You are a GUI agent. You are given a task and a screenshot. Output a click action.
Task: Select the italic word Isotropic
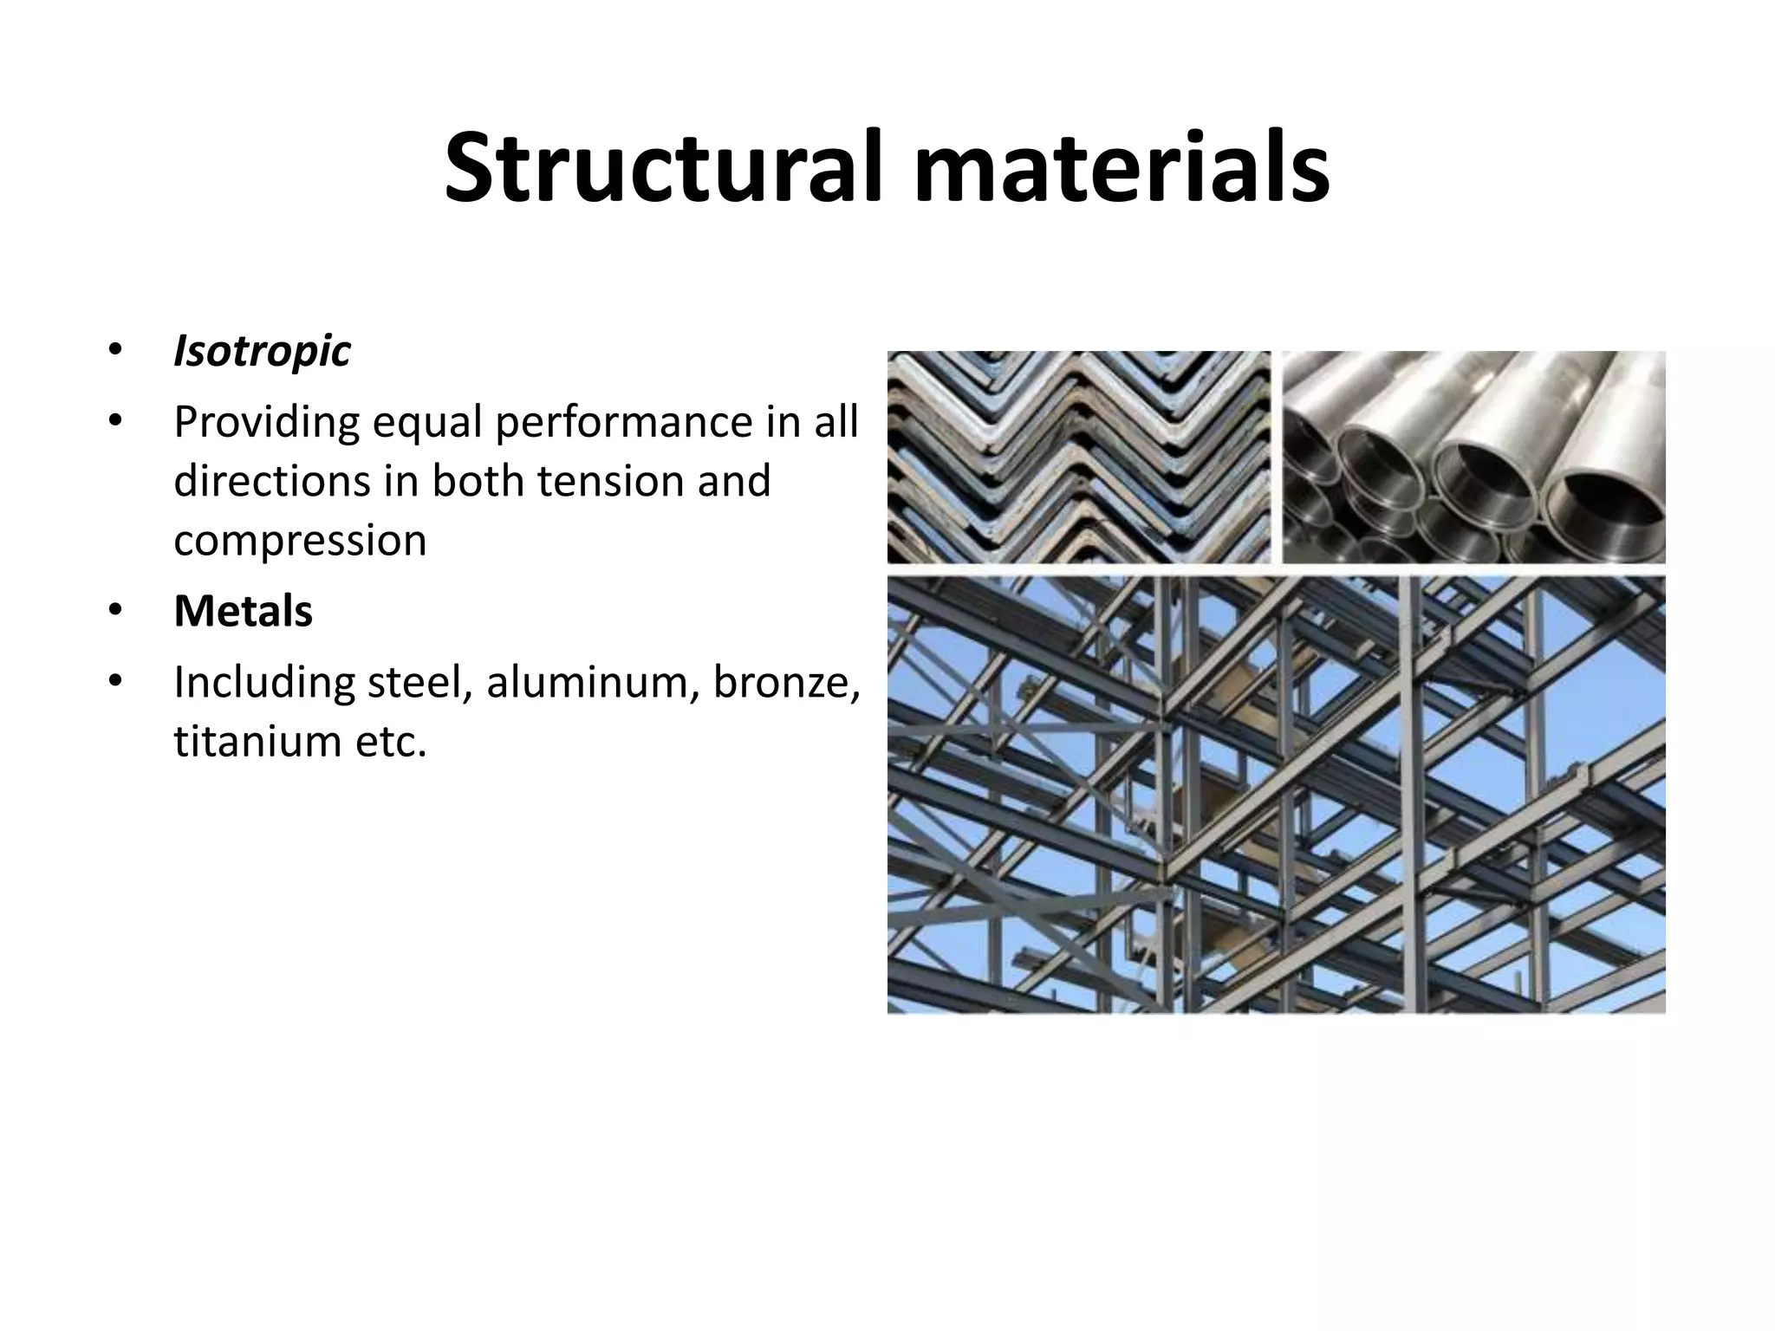pos(262,352)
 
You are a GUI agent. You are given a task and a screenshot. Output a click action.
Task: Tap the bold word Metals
pos(243,611)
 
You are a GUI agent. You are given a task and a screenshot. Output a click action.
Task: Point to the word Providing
pos(266,423)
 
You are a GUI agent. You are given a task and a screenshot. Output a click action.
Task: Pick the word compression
pos(300,541)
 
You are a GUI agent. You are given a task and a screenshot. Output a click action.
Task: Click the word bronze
pos(785,683)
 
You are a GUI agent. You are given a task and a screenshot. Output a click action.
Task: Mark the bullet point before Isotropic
pos(115,351)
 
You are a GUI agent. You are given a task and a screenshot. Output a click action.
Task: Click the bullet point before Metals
pos(115,611)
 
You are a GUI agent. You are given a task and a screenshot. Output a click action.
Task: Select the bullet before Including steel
pos(115,682)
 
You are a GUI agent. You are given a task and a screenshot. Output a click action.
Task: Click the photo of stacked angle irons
pos(1078,457)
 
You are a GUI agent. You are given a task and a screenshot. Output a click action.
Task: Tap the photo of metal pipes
pos(1473,457)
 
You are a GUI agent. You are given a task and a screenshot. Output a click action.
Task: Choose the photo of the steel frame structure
pos(1276,794)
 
